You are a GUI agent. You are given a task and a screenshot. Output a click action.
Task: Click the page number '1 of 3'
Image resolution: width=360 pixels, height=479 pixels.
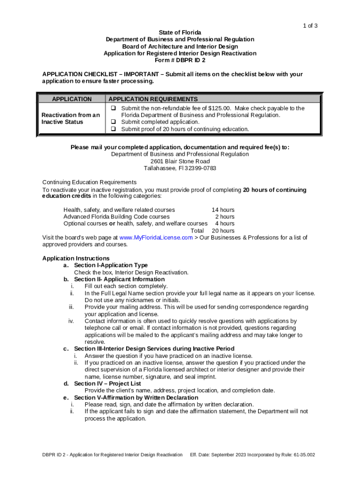pos(310,26)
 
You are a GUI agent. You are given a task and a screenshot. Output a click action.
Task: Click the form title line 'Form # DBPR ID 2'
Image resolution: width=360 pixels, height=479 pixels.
pos(180,60)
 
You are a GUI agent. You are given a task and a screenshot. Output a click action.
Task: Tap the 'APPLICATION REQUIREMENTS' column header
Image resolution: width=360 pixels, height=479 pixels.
pos(153,99)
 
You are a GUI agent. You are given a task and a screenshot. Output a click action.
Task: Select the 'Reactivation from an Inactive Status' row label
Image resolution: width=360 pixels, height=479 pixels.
pos(71,118)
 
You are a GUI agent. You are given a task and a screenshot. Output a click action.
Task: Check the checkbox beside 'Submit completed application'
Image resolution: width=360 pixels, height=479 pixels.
pos(113,122)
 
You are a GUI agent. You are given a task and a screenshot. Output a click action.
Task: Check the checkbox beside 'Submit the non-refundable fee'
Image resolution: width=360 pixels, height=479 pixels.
pos(113,108)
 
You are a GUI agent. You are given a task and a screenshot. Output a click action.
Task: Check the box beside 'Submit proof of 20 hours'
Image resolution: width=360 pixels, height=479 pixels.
pos(113,129)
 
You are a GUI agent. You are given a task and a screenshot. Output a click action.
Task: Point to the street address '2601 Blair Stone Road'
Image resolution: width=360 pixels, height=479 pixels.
pos(180,161)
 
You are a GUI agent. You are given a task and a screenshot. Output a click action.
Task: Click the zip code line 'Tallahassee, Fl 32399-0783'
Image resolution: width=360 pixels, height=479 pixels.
pos(180,168)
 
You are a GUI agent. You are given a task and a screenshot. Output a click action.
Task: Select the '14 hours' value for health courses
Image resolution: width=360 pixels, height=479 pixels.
pos(223,210)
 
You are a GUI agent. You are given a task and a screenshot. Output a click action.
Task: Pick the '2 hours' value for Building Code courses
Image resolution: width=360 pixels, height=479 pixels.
pos(224,217)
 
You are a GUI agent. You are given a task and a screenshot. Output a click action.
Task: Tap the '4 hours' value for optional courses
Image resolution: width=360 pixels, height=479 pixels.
pos(224,224)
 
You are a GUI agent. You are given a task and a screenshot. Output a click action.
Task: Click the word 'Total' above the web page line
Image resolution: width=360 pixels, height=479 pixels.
pos(197,231)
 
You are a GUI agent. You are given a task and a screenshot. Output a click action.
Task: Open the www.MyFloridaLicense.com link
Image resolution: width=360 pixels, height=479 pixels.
pos(156,238)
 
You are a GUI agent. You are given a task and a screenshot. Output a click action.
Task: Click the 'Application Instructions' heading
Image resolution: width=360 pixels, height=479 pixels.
pos(76,258)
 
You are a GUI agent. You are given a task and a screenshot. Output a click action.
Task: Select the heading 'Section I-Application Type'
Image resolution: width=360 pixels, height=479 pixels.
pos(111,265)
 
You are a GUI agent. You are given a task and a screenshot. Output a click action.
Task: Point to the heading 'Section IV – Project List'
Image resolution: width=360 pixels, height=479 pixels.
pos(108,384)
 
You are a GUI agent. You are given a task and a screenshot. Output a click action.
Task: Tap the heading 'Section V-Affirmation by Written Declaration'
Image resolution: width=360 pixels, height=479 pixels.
pos(136,398)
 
